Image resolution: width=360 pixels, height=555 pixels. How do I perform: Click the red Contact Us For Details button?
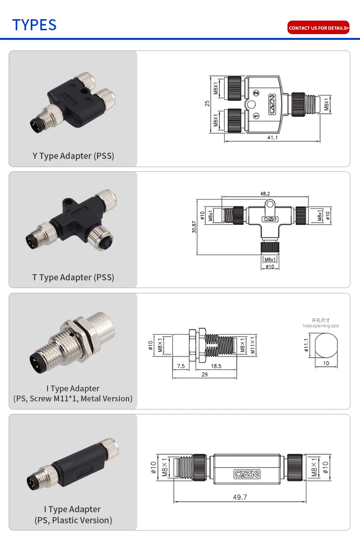(318, 28)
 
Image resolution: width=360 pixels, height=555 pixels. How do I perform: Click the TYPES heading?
(34, 24)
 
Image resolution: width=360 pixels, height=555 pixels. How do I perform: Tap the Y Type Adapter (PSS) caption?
(73, 156)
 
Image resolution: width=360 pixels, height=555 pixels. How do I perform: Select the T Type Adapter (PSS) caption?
(73, 277)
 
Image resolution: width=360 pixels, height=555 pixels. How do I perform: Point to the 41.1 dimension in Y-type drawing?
(272, 137)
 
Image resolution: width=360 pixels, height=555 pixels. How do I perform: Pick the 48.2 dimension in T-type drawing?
(265, 193)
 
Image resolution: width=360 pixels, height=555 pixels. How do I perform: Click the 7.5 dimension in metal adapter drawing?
(180, 366)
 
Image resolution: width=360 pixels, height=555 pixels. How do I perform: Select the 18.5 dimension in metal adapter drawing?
(216, 366)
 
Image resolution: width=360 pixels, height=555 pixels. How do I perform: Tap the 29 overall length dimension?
(204, 374)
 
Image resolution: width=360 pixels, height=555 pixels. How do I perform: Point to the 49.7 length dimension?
(240, 497)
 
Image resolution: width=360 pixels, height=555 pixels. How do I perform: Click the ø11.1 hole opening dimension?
(306, 346)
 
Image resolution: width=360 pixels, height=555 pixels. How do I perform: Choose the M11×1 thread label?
(253, 346)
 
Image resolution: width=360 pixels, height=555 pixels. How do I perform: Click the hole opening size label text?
(321, 326)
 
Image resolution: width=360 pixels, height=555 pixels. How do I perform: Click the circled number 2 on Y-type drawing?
(256, 92)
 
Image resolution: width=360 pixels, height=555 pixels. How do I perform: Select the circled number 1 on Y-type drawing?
(256, 116)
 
